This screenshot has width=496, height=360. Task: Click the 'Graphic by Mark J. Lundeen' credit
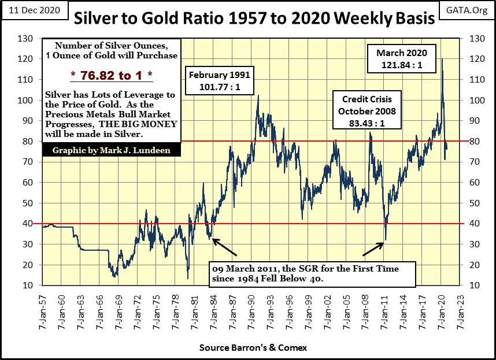pos(109,150)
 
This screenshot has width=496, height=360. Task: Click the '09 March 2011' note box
pos(313,274)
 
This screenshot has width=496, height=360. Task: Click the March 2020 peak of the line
pos(442,59)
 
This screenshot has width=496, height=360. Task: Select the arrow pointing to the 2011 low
pos(373,249)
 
